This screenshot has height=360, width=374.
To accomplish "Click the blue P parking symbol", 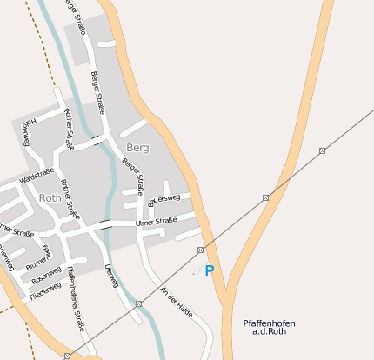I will click(x=209, y=271).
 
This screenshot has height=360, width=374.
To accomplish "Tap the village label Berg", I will click(x=137, y=148).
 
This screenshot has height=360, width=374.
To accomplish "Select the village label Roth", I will click(x=50, y=198).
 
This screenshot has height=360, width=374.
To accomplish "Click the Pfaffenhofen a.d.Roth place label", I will click(x=269, y=328).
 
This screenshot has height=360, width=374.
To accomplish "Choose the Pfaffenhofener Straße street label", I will click(x=77, y=301).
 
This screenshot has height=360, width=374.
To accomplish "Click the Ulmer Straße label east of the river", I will click(x=156, y=223).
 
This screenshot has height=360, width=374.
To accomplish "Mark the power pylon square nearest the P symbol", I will click(x=201, y=250).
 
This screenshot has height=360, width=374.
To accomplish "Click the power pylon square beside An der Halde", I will click(x=139, y=303).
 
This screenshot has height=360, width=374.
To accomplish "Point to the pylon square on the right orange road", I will click(x=323, y=150).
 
